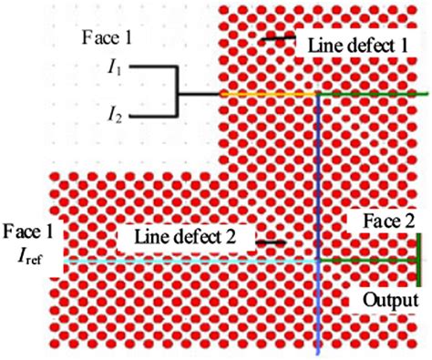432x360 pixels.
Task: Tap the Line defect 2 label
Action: point(185,237)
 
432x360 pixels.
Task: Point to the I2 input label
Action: point(118,115)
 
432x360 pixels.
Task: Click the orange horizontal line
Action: point(264,93)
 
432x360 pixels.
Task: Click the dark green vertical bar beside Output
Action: point(417,261)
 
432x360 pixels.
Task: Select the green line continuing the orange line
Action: point(374,93)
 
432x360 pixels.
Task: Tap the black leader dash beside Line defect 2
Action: point(273,242)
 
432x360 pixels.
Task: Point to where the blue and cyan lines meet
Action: point(317,261)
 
